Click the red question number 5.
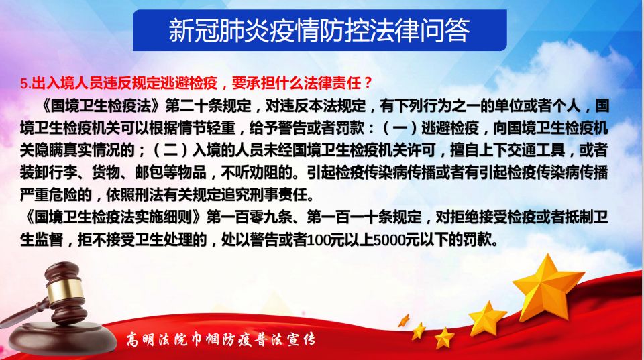(25, 84)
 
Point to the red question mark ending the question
(368, 83)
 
